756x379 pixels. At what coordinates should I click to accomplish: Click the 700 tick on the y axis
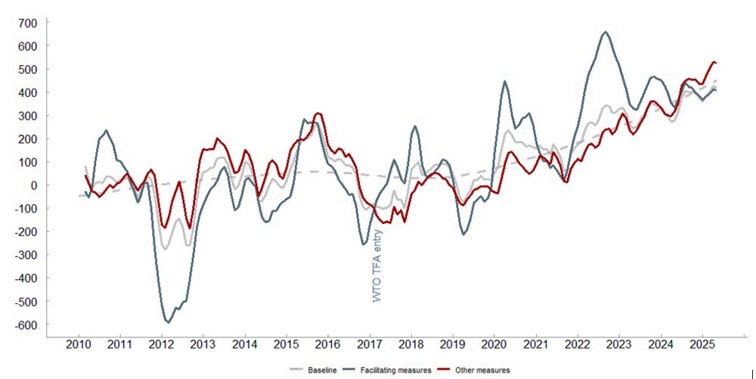point(28,23)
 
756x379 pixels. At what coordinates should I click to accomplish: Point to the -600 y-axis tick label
point(25,325)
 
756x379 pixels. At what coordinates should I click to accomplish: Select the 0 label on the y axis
point(33,185)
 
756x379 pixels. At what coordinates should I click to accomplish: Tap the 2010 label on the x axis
point(79,346)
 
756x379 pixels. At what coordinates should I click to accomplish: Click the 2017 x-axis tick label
point(370,346)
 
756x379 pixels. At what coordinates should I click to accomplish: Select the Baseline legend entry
point(309,370)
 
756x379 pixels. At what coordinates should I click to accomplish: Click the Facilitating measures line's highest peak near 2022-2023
point(606,32)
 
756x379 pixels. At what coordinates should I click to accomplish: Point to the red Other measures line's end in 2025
point(714,62)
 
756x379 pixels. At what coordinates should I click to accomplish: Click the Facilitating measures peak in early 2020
point(505,82)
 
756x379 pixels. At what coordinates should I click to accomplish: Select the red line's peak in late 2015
point(318,113)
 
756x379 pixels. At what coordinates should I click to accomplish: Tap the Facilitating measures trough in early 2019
point(463,235)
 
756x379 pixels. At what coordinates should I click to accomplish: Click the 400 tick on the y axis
point(28,92)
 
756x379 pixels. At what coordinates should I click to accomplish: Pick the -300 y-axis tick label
point(25,256)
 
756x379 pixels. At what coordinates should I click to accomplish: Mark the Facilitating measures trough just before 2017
point(364,244)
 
